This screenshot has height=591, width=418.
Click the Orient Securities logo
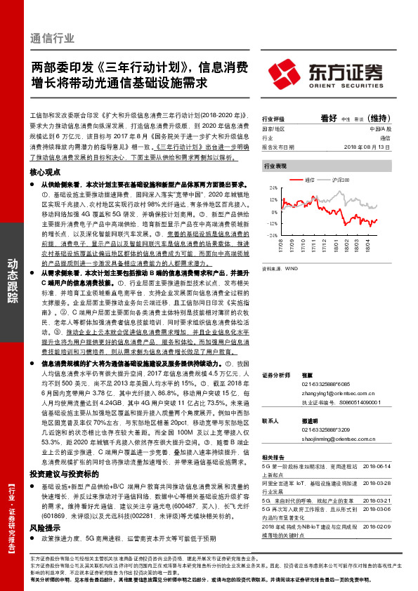pyautogui.click(x=325, y=72)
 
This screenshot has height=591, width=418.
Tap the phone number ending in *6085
pyautogui.click(x=320, y=384)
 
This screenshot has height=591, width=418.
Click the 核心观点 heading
pyautogui.click(x=44, y=171)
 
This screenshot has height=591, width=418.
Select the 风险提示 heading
pyautogui.click(x=44, y=505)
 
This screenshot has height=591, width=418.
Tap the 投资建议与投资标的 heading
pyautogui.click(x=59, y=455)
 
